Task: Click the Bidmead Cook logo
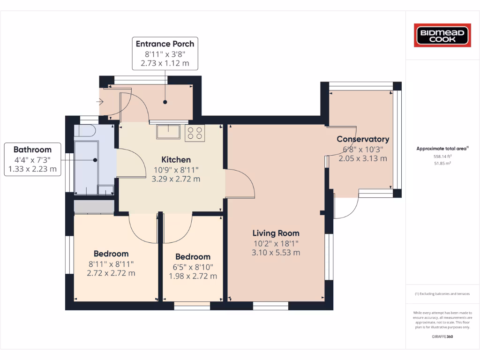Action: coord(442,36)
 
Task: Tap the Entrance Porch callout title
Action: coord(165,44)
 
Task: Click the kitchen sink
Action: coord(168,132)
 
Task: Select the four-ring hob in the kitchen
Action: coord(195,133)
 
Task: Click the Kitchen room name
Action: coord(176,160)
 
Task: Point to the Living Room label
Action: coord(276,233)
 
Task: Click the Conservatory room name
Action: coord(363,139)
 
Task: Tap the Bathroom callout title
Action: coord(32,150)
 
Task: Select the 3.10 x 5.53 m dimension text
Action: coord(276,253)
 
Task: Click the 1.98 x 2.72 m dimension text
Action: coord(193,276)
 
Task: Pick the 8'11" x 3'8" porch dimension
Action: coord(165,54)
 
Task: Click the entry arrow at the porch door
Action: coord(100,101)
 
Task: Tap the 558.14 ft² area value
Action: coord(442,157)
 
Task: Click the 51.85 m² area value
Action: coord(442,164)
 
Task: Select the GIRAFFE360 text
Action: coord(442,337)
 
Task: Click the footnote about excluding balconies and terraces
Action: coord(442,294)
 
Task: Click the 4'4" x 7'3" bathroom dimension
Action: coord(32,159)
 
